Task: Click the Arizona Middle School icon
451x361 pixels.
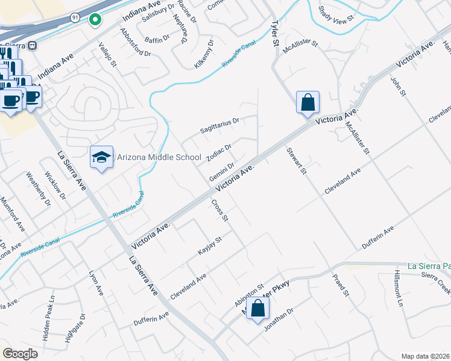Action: click(101, 158)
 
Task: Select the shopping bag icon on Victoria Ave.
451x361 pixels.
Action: click(307, 103)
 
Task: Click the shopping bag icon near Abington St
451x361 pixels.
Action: click(257, 308)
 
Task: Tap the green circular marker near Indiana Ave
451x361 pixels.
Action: click(95, 20)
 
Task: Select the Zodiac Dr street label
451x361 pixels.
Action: click(219, 152)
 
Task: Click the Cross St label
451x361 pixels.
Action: click(219, 210)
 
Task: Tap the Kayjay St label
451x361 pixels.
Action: click(211, 246)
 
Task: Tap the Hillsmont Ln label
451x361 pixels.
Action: click(398, 288)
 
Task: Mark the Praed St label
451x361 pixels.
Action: click(341, 285)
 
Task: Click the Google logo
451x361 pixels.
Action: click(20, 353)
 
